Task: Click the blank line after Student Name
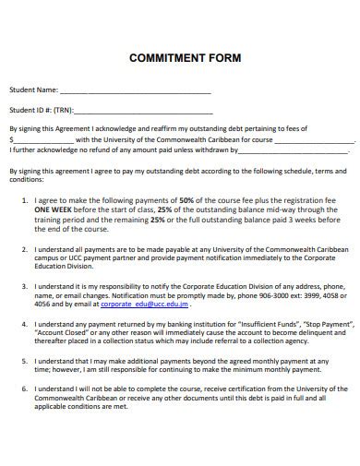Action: [x=136, y=92]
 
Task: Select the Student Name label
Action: [x=33, y=90]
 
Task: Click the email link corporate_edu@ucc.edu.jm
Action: [x=144, y=304]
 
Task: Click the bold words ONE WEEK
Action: [x=54, y=209]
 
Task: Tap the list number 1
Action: [x=24, y=199]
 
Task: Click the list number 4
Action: [x=24, y=325]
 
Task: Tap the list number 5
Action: [x=24, y=362]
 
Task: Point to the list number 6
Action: [x=24, y=390]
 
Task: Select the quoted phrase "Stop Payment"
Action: [x=328, y=325]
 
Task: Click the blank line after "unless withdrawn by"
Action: [x=297, y=149]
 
